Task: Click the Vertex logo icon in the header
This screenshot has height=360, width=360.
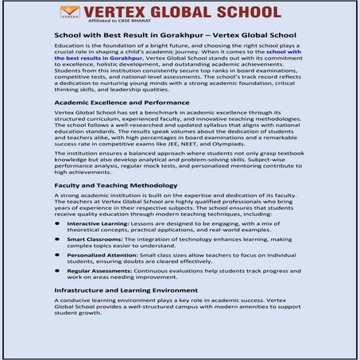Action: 70,12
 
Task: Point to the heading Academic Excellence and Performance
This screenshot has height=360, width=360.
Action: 122,103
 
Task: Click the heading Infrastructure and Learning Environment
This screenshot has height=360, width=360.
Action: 131,291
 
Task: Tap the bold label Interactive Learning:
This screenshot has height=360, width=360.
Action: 96,225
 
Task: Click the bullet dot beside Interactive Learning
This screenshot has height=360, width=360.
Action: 58,225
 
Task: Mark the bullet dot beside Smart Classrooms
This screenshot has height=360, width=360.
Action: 58,238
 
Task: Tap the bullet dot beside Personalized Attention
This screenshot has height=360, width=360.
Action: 58,255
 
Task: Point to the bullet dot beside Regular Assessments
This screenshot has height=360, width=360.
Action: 58,270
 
